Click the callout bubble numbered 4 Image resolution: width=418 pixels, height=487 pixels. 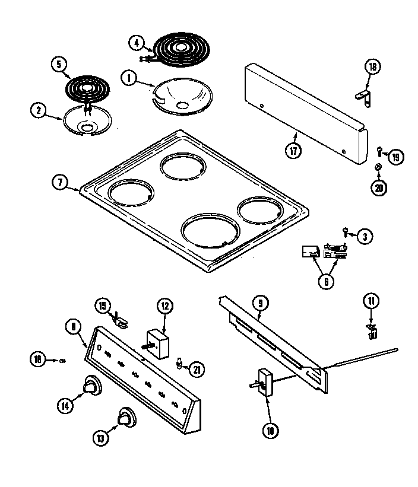pos(137,43)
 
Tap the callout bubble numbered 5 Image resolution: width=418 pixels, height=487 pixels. pos(59,64)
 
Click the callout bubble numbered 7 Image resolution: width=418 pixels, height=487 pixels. pos(60,183)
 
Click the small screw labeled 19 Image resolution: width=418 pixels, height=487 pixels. pos(378,151)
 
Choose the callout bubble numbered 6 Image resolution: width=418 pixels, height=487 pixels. pos(325,282)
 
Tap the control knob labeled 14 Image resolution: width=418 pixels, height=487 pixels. pos(91,386)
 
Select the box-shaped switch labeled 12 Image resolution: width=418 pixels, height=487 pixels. pos(159,343)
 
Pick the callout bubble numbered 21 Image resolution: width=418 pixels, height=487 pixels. pos(196,369)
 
